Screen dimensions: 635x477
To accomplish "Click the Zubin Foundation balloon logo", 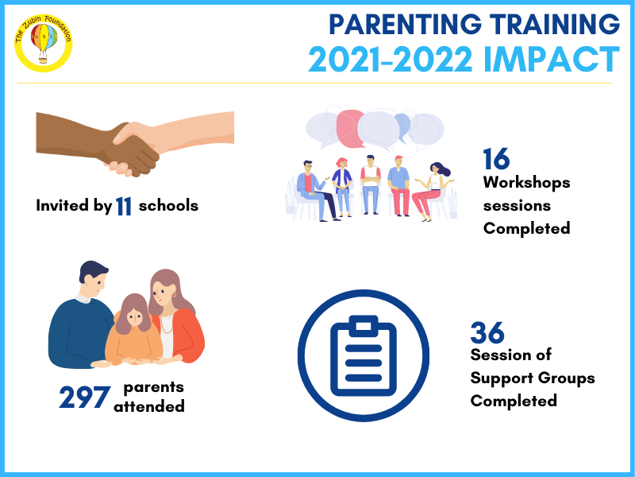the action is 44,44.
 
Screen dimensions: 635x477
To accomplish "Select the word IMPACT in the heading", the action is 552,59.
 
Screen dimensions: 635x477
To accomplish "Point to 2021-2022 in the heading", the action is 391,59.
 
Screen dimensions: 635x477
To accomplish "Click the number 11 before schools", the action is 124,206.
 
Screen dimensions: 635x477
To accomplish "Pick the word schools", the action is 168,206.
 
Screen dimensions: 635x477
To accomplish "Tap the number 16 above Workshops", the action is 496,158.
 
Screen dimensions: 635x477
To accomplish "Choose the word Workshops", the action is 526,183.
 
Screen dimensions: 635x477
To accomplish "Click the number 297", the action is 84,397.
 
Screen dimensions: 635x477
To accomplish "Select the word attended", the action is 149,406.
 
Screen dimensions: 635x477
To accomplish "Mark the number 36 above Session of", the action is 487,333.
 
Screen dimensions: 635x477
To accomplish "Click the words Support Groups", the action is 533,378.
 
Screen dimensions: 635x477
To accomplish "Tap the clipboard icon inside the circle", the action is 364,355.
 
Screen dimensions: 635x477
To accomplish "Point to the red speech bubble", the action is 351,128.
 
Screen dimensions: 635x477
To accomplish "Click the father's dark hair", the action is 93,270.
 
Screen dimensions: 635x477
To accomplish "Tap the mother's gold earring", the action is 175,294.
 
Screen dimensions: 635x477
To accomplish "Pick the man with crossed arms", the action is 371,184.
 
